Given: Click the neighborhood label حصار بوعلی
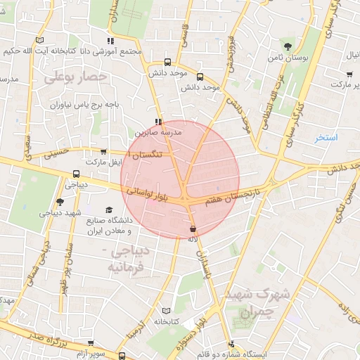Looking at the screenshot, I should click(x=75, y=77).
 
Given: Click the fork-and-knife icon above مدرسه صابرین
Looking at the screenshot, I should click(x=157, y=121).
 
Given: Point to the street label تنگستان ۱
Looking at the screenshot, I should click(x=148, y=153).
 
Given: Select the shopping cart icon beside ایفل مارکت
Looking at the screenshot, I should click(x=104, y=151).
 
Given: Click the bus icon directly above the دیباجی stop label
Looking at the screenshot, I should click(x=76, y=174).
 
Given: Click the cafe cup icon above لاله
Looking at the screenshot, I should click(x=193, y=229).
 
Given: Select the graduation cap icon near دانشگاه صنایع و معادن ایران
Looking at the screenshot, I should click(x=108, y=210).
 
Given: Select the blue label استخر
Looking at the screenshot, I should click(x=326, y=137).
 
